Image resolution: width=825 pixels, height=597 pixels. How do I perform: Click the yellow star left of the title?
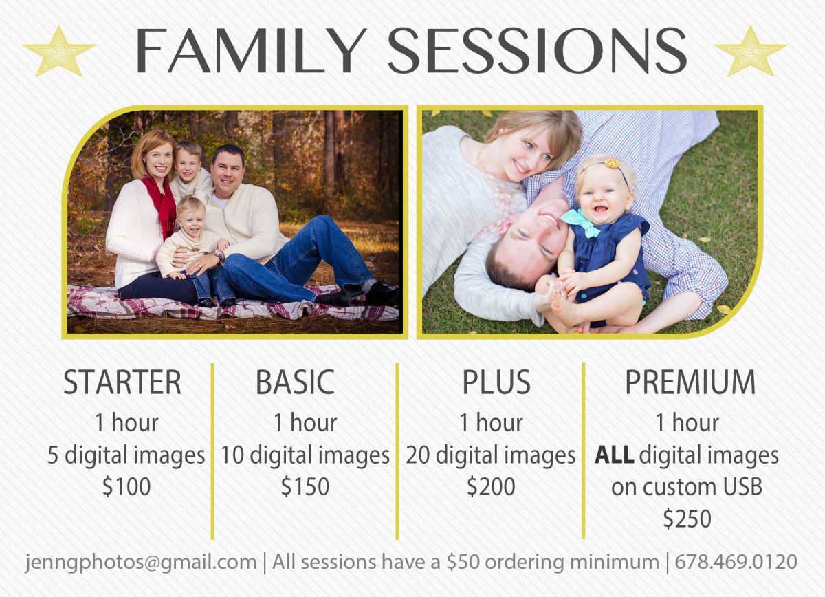click(x=59, y=51)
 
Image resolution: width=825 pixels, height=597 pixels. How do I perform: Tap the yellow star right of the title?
click(x=751, y=51)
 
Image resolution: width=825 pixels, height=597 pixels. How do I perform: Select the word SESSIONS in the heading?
click(x=538, y=50)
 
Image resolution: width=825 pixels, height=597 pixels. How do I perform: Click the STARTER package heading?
click(x=122, y=382)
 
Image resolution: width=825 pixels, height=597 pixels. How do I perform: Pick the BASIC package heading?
click(x=295, y=382)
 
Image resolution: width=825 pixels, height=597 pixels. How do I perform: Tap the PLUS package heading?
click(x=496, y=382)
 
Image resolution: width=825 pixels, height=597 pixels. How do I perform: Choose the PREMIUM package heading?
click(x=690, y=382)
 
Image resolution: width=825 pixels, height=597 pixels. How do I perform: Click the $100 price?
click(x=126, y=486)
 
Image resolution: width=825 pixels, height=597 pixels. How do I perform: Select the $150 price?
click(x=305, y=486)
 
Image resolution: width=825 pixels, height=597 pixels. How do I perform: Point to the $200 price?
click(x=491, y=486)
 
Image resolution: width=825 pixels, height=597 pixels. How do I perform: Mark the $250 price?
click(x=687, y=519)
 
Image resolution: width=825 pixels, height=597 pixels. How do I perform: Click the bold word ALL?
click(x=615, y=455)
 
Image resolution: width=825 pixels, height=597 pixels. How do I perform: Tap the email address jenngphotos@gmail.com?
click(x=141, y=563)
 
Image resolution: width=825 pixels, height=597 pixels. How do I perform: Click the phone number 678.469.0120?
click(x=736, y=562)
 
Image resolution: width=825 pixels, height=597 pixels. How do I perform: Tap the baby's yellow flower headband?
click(x=611, y=164)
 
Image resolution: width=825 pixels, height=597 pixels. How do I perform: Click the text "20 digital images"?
click(x=491, y=455)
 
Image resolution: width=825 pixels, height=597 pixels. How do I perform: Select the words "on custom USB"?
click(x=687, y=486)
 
